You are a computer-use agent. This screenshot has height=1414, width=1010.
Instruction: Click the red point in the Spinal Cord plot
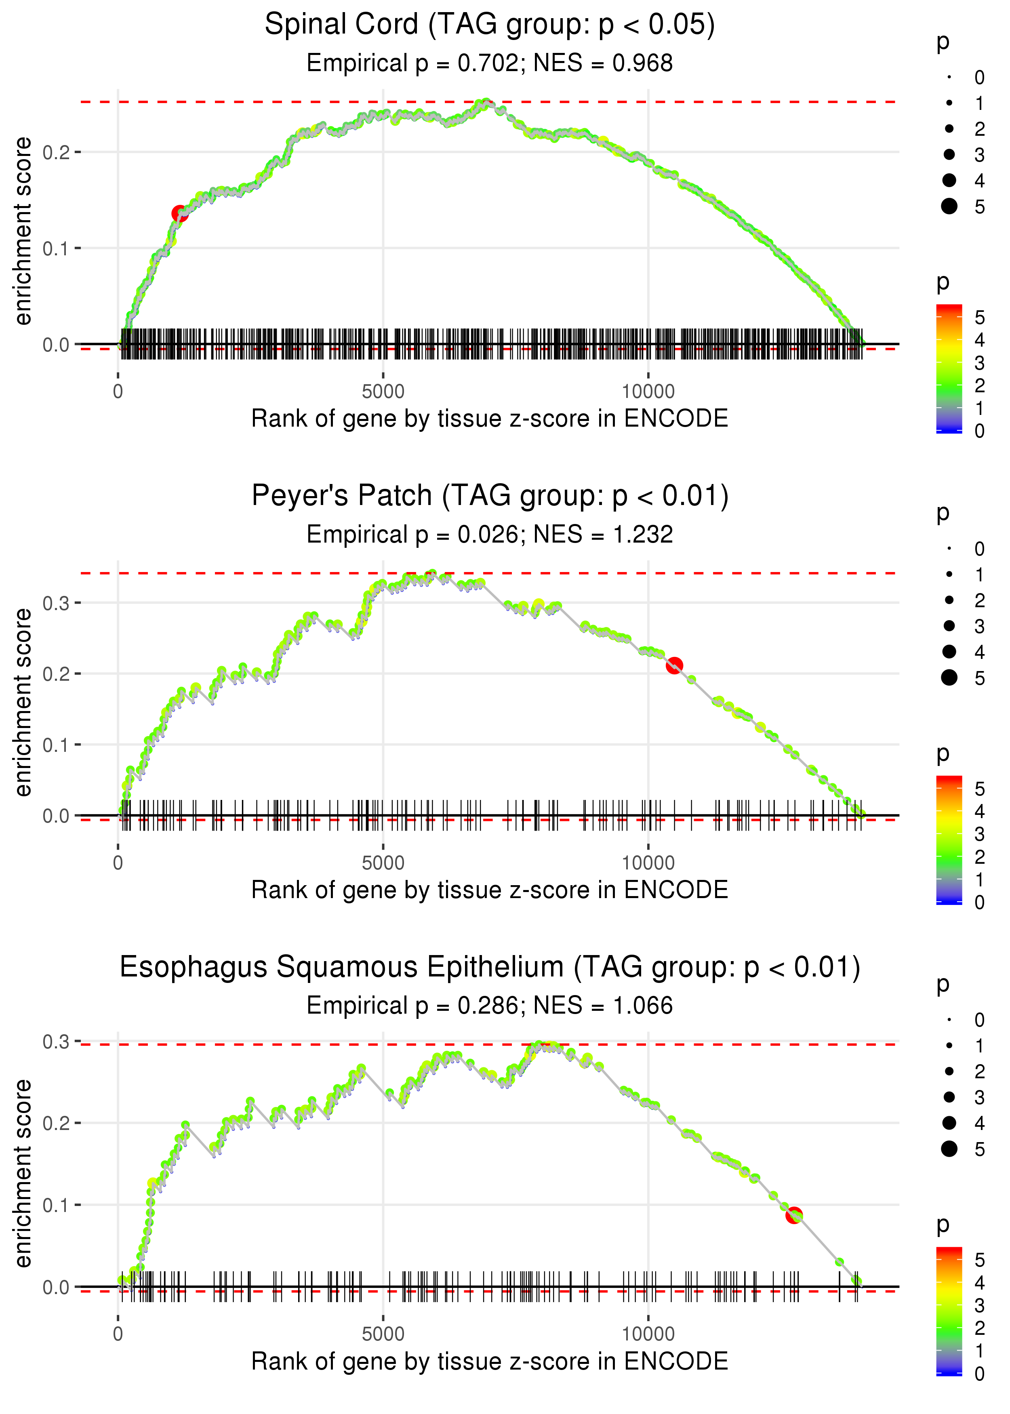click(179, 214)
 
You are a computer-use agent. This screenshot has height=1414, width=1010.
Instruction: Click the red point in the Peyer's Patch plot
click(674, 665)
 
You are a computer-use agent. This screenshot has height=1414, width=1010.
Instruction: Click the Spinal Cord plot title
click(490, 25)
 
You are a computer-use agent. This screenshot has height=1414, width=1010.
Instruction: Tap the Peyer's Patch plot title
click(490, 496)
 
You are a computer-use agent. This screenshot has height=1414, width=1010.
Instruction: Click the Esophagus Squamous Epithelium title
click(490, 968)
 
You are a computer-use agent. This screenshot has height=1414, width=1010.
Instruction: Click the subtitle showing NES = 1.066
click(490, 1006)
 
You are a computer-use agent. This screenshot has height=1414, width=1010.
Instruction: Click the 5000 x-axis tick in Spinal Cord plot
click(383, 392)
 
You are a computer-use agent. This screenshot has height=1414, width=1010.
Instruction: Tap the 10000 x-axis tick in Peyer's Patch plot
click(648, 863)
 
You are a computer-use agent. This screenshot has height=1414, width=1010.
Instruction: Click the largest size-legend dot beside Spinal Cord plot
click(949, 206)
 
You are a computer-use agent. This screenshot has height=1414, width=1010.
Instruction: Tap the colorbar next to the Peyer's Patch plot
click(949, 840)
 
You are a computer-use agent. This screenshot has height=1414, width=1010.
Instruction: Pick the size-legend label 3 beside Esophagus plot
click(980, 1098)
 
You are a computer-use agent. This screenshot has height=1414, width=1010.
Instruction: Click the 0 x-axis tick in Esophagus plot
click(118, 1334)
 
